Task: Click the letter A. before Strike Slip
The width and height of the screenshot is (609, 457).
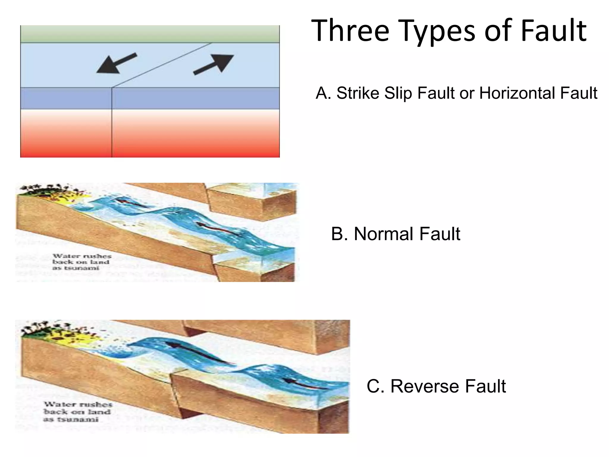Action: pyautogui.click(x=323, y=93)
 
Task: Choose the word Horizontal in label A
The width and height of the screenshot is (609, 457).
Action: pyautogui.click(x=517, y=93)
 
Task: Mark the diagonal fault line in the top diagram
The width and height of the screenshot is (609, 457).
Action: pyautogui.click(x=162, y=65)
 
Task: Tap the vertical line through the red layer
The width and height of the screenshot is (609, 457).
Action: pyautogui.click(x=112, y=134)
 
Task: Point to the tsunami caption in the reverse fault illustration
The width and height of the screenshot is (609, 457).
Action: pyautogui.click(x=78, y=412)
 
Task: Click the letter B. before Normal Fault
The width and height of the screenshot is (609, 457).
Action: pyautogui.click(x=339, y=234)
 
